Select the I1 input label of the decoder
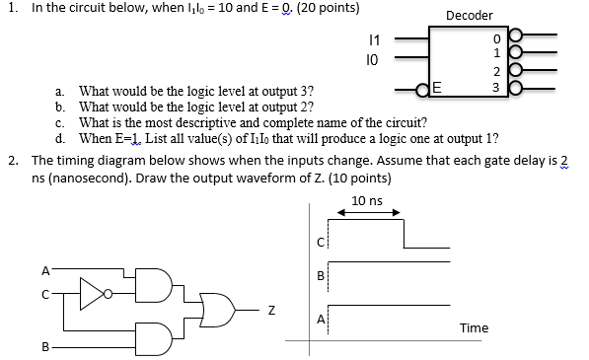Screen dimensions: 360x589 pyautogui.click(x=371, y=39)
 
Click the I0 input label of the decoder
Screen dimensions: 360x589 pyautogui.click(x=371, y=60)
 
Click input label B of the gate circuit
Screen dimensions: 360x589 pyautogui.click(x=44, y=347)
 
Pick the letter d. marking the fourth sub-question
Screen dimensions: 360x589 pyautogui.click(x=61, y=137)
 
